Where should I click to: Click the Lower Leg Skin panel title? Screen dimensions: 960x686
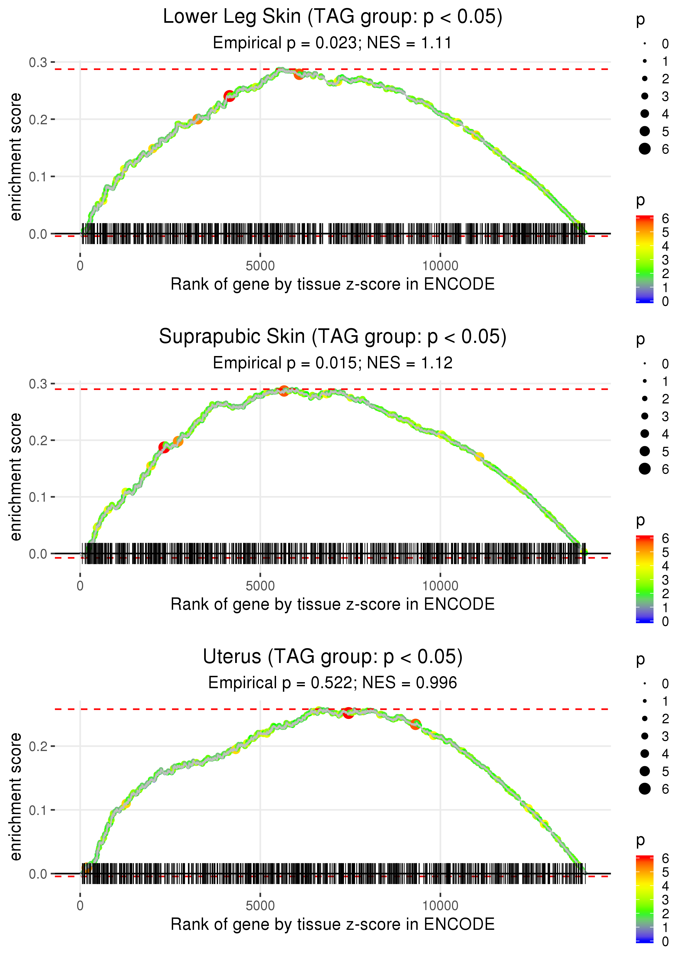pyautogui.click(x=333, y=17)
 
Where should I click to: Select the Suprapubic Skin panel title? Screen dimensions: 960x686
pyautogui.click(x=333, y=337)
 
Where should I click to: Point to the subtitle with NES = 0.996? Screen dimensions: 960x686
pyautogui.click(x=333, y=683)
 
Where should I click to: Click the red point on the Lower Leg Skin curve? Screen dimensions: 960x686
pyautogui.click(x=229, y=96)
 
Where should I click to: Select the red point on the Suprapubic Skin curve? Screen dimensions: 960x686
pyautogui.click(x=164, y=447)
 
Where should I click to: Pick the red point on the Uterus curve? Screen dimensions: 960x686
pyautogui.click(x=348, y=713)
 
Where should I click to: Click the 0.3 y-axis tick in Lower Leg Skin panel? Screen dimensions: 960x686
pyautogui.click(x=38, y=63)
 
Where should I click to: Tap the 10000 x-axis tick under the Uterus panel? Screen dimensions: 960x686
pyautogui.click(x=440, y=905)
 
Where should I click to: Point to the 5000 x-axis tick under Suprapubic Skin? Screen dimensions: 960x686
pyautogui.click(x=260, y=586)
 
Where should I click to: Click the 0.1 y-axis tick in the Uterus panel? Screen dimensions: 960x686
pyautogui.click(x=38, y=810)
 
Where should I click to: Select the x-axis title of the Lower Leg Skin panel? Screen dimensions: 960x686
pyautogui.click(x=333, y=284)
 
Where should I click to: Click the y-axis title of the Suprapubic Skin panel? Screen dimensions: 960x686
pyautogui.click(x=16, y=477)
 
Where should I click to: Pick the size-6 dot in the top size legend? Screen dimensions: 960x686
pyautogui.click(x=645, y=149)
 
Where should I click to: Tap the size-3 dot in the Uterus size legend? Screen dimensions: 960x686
pyautogui.click(x=645, y=736)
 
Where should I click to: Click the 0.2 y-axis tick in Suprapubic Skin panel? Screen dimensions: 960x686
pyautogui.click(x=38, y=440)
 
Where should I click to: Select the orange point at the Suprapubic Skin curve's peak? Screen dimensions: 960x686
pyautogui.click(x=284, y=391)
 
